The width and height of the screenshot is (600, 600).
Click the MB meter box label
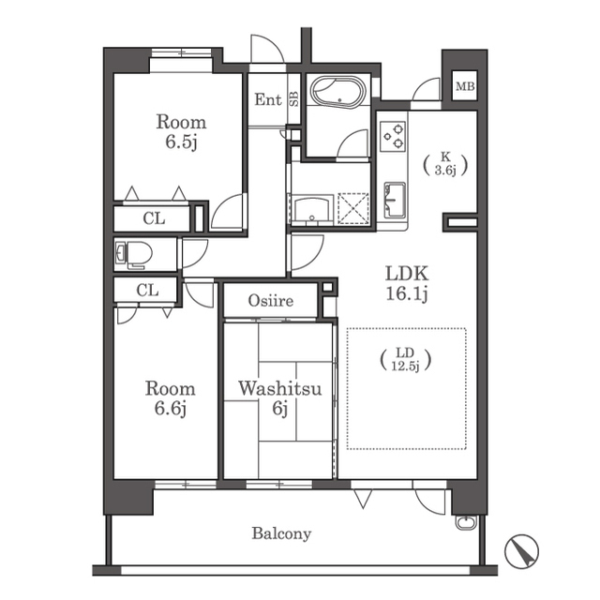point(465,86)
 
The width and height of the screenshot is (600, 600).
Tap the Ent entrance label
point(268,100)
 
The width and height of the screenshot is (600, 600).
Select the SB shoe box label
point(293,98)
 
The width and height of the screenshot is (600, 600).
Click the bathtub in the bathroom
point(338,94)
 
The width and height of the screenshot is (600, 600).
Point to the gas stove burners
point(393,137)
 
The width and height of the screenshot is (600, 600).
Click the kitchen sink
point(395,200)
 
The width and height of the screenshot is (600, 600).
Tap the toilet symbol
point(133,254)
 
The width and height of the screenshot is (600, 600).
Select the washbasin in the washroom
point(312,210)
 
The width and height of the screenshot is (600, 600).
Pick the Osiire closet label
point(271,301)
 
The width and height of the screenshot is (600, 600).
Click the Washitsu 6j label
point(280,398)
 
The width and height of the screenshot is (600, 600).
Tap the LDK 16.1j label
point(406,283)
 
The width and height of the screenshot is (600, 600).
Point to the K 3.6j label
point(445,165)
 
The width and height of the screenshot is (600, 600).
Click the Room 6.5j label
point(181,131)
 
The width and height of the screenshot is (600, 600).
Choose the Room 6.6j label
point(171,398)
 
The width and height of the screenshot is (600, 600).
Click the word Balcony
point(281,533)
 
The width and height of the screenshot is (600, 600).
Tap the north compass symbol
point(521,551)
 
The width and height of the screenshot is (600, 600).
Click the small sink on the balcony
point(467,522)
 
